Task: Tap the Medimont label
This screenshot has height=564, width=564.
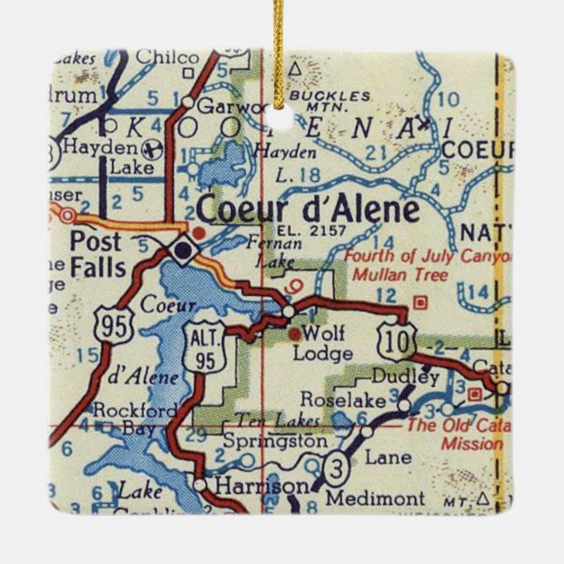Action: click(364, 498)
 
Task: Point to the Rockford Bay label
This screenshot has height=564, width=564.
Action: click(123, 419)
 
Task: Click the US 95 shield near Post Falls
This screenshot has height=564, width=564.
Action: click(118, 327)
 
